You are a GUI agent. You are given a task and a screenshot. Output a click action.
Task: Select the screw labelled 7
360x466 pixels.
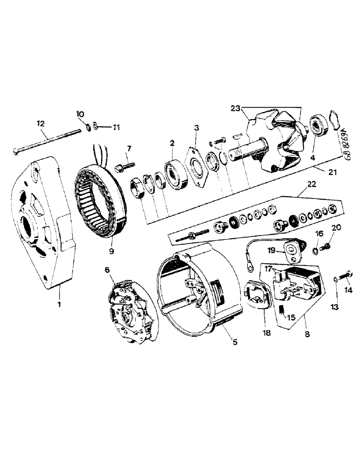tap(124, 164)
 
